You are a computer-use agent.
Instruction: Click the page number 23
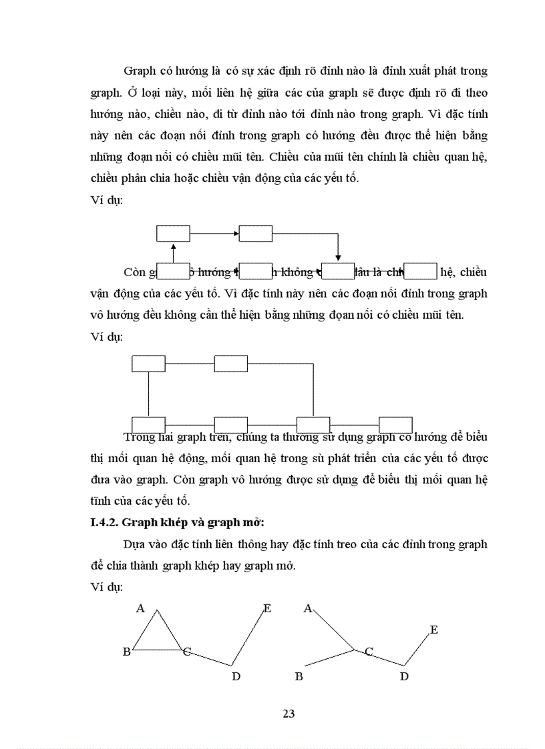289,714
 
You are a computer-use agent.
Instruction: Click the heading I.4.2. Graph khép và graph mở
168,522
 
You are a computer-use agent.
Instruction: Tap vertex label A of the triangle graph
140,608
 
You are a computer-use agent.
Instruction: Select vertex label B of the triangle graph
126,652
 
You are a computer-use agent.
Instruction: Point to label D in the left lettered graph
236,677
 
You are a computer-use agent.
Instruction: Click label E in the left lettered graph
267,608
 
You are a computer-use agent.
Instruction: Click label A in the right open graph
308,608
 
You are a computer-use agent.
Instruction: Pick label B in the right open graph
299,677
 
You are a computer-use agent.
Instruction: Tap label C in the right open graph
369,652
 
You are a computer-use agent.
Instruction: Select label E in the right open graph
434,630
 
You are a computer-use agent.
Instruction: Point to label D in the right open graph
404,677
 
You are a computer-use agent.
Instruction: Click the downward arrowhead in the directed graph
339,257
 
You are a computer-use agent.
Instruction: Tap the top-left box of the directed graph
174,233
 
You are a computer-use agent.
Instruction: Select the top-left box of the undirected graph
148,363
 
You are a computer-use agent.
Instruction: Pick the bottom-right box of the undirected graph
395,425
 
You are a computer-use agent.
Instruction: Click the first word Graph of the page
139,71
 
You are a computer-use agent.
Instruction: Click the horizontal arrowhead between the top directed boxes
236,233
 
